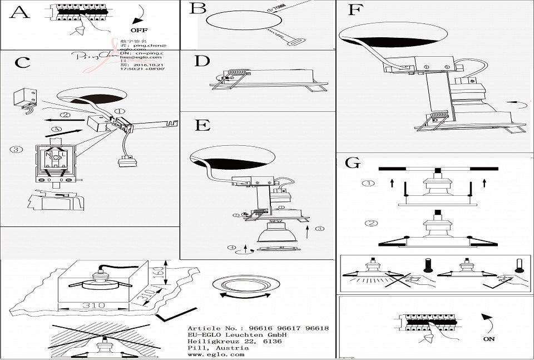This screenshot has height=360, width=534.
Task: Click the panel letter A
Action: pyautogui.click(x=19, y=13)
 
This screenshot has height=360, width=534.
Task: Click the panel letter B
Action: pyautogui.click(x=197, y=9)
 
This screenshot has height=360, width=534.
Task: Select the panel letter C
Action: pyautogui.click(x=22, y=62)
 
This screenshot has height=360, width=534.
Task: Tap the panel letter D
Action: pyautogui.click(x=202, y=61)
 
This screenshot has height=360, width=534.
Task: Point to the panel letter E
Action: pyautogui.click(x=202, y=125)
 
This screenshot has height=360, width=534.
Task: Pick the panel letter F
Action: pyautogui.click(x=354, y=11)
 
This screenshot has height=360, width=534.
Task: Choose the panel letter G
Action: pyautogui.click(x=352, y=163)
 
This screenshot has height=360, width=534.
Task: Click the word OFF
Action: pyautogui.click(x=139, y=29)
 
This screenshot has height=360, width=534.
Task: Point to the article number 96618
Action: pyautogui.click(x=318, y=328)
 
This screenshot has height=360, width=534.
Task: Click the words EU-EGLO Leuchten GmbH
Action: pyautogui.click(x=237, y=335)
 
